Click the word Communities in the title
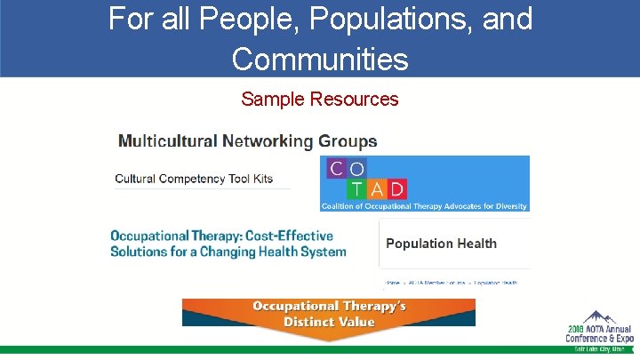(320, 59)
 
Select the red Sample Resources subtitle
(320, 99)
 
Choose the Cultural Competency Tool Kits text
(194, 179)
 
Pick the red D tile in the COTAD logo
(396, 188)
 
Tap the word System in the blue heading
(324, 252)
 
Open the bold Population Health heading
(441, 244)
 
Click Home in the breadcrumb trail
(392, 283)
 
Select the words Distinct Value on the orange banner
(329, 321)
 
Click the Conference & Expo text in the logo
(600, 339)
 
